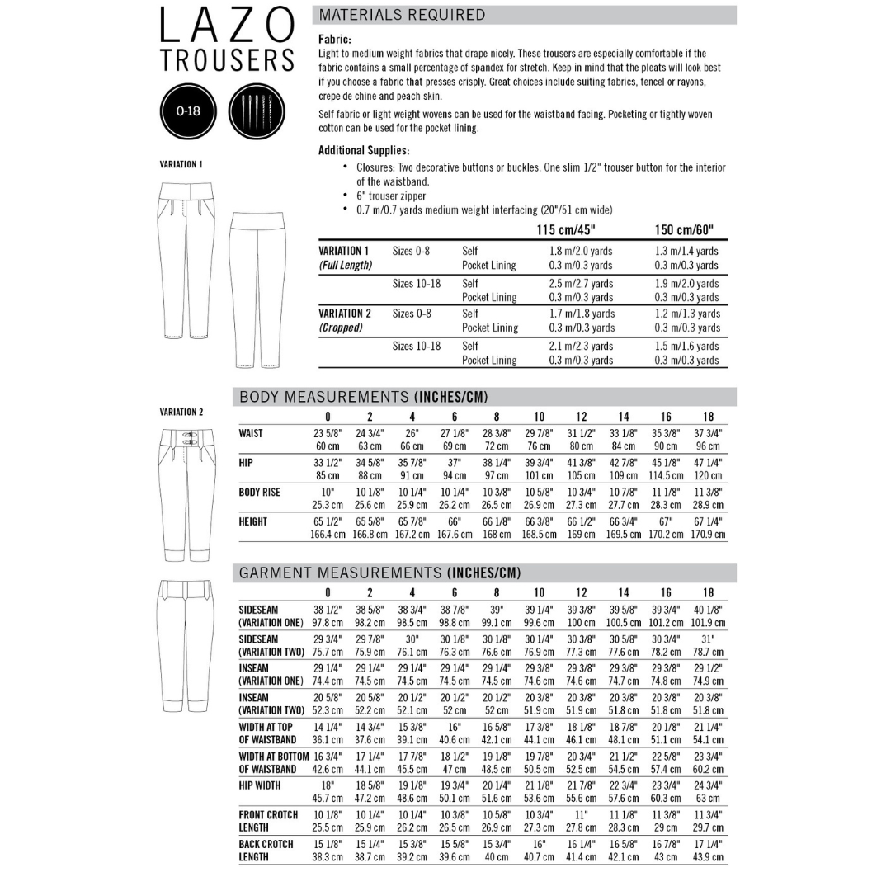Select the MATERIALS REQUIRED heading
[403, 15]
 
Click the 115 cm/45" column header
[565, 229]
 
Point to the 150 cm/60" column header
[684, 229]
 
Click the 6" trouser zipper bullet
[391, 196]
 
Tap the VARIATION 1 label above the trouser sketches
[181, 164]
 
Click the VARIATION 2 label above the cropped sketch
[181, 412]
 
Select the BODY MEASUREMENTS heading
[363, 397]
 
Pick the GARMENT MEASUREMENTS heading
[379, 573]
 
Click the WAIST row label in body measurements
[251, 433]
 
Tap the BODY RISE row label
[259, 492]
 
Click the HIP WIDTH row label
[259, 785]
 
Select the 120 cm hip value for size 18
[708, 475]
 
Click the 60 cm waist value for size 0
[328, 446]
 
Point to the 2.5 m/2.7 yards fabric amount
[582, 283]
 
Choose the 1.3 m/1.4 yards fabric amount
[686, 251]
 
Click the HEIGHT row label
[253, 521]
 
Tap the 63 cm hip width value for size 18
[708, 798]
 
